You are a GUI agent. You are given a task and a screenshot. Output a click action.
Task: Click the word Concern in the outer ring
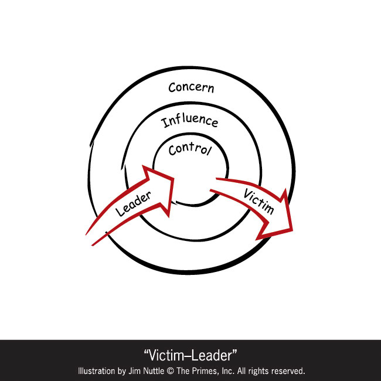(191, 88)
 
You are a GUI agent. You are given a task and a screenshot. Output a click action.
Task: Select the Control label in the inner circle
(189, 149)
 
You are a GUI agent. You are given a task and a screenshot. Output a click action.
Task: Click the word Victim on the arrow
(257, 202)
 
